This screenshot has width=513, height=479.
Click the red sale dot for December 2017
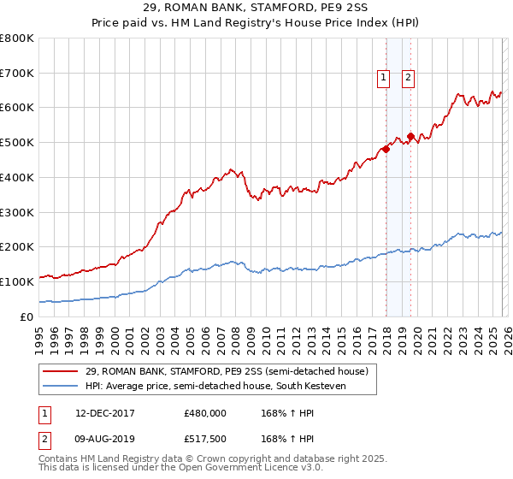click(386, 149)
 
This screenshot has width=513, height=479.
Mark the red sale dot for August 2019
click(410, 136)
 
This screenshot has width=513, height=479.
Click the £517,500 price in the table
click(204, 439)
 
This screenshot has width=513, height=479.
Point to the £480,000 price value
click(204, 413)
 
